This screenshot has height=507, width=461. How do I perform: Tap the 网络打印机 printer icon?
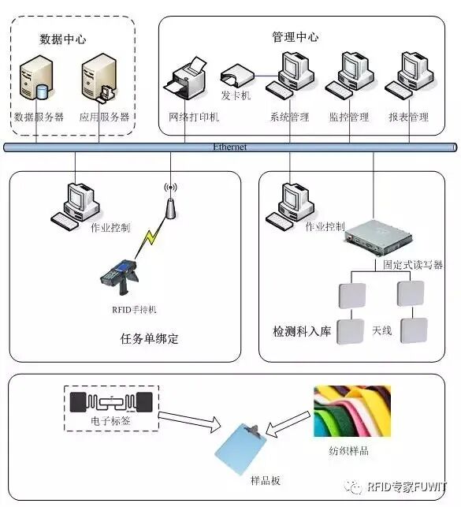coord(188,81)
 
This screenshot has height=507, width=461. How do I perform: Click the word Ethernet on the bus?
coord(230,147)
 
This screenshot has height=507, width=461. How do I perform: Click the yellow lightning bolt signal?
coord(147,236)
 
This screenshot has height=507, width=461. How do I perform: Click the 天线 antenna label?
coord(381,330)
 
